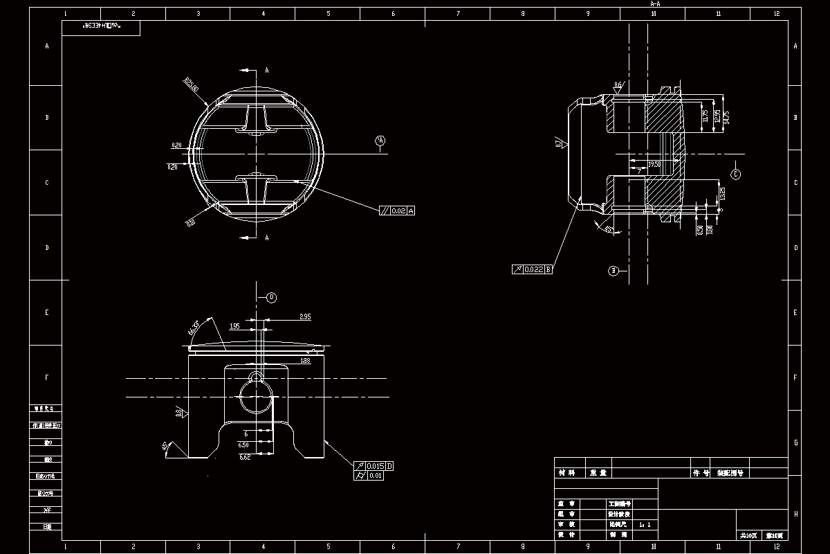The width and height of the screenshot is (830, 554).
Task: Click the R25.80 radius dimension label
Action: (x=192, y=84)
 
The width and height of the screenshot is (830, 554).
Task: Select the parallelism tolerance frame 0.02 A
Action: (x=397, y=211)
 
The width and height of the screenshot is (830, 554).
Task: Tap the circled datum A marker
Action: (x=380, y=141)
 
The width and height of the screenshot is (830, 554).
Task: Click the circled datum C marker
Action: (x=735, y=175)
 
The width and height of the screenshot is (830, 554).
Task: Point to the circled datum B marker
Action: (x=613, y=271)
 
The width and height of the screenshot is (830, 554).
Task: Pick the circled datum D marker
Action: (x=272, y=298)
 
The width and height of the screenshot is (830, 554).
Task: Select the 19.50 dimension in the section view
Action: (x=654, y=165)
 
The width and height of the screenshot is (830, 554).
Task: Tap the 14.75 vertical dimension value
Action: (x=726, y=116)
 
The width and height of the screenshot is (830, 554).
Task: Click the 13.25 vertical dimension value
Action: (x=722, y=193)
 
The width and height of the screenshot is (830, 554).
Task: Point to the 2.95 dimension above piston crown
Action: (x=305, y=316)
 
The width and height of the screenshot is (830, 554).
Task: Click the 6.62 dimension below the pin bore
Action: (x=244, y=457)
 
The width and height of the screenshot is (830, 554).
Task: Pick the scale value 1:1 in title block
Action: (x=645, y=525)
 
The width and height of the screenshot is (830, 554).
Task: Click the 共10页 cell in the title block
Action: (x=748, y=535)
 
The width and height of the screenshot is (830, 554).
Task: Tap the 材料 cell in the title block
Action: (x=566, y=473)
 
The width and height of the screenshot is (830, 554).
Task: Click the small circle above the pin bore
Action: (x=256, y=375)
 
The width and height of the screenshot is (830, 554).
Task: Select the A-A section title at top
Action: (x=655, y=4)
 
